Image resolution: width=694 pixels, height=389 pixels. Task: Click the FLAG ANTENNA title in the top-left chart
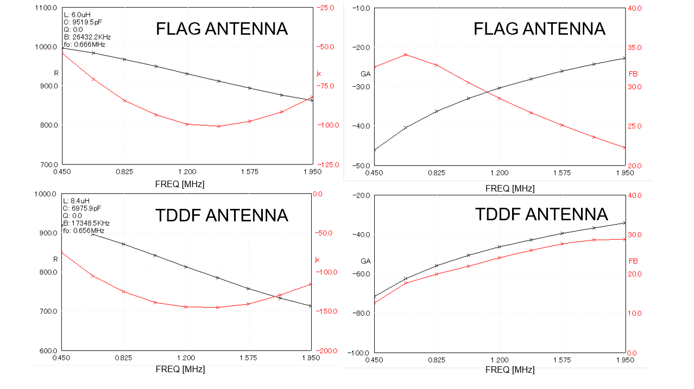222,29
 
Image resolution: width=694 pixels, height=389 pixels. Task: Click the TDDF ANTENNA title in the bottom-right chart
541,214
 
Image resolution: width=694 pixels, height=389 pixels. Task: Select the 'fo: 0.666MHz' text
84,44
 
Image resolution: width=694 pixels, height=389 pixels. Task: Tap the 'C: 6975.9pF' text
83,208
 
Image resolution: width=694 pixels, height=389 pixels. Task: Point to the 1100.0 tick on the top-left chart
46,8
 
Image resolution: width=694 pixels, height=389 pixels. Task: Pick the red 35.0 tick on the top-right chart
635,48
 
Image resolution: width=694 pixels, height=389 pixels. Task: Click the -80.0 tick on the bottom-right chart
361,314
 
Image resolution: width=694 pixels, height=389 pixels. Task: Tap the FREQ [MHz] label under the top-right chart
510,188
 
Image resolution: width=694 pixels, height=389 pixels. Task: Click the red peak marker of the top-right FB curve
406,55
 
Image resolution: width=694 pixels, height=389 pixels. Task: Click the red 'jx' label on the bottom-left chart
317,260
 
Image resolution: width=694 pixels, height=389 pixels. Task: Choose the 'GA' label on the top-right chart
365,74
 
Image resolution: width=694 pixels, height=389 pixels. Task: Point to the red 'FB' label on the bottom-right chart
633,261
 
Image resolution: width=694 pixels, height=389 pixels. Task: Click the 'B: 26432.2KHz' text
87,37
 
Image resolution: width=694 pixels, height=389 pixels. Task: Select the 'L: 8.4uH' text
78,201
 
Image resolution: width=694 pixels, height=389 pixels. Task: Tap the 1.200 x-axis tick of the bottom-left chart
186,358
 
